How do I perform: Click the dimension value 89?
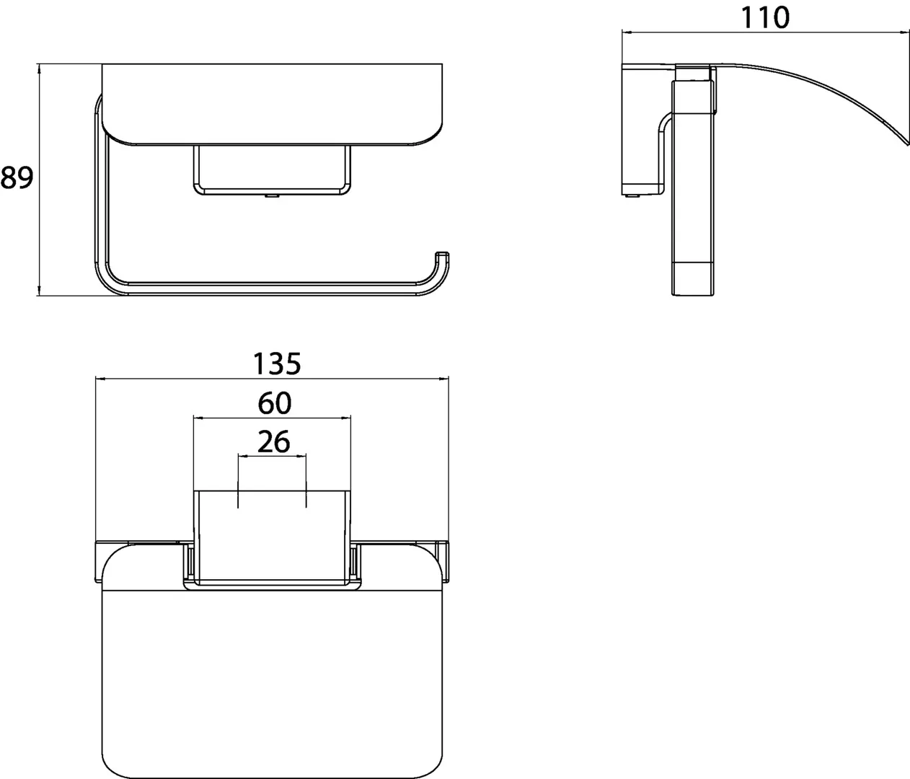[x=17, y=177]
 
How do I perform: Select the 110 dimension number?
[x=765, y=17]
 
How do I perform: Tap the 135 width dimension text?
[x=276, y=364]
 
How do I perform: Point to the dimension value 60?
[x=274, y=403]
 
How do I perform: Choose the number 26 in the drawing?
[x=273, y=441]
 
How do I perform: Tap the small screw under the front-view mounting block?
[x=270, y=195]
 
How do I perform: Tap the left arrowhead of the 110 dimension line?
[x=626, y=32]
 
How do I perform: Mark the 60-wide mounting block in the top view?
[x=272, y=534]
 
